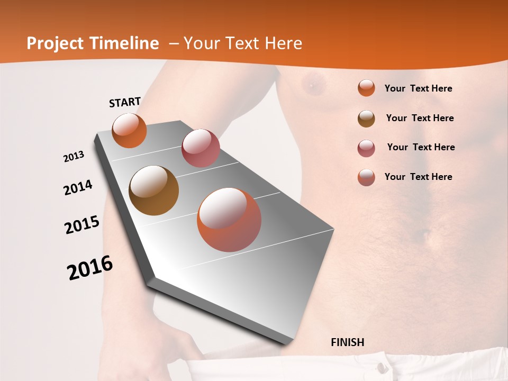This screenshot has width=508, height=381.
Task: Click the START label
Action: pos(125,102)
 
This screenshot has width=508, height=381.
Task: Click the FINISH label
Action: pos(347,342)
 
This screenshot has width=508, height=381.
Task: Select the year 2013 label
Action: pos(74,157)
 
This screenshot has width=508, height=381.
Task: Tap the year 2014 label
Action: pos(78,187)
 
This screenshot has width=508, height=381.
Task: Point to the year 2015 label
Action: pos(82,225)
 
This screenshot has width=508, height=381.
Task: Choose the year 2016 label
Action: pos(90,268)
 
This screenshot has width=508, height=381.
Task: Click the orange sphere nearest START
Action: pos(129,130)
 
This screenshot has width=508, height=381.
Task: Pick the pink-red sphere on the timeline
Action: pos(201,148)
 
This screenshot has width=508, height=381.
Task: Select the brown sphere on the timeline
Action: pos(153,190)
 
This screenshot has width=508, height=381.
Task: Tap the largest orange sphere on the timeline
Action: pos(229,220)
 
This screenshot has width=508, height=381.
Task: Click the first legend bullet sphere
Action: pos(366,88)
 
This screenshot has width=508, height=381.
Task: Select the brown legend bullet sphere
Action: pos(366,119)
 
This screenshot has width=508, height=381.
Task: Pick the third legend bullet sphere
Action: pos(366,148)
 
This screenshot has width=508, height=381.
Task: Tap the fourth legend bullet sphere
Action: pos(366,177)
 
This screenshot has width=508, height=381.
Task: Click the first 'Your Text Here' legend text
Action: pos(418,88)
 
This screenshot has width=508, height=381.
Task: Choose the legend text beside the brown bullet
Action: pos(420,118)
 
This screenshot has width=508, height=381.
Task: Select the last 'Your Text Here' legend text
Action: pos(418,177)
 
